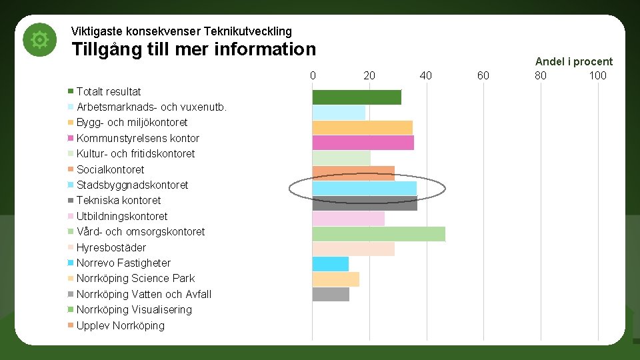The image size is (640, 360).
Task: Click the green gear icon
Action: (40, 40)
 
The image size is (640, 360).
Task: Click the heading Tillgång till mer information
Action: (193, 50)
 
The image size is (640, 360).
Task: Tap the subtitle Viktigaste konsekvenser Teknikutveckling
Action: (181, 31)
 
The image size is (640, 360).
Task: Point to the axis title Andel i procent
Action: (573, 61)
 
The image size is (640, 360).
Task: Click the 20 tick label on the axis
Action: (369, 75)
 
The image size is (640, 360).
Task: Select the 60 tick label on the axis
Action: (483, 75)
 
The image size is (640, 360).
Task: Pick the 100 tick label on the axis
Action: (597, 75)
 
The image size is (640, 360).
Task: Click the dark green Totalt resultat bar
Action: (357, 97)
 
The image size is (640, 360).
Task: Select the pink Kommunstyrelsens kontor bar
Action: (363, 143)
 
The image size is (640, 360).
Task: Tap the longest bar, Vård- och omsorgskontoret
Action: (378, 234)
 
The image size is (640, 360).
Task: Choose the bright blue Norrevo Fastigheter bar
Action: (331, 264)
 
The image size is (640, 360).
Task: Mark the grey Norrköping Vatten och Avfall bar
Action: (331, 294)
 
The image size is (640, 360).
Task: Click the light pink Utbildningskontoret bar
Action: (348, 219)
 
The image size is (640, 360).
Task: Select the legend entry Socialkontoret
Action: (110, 169)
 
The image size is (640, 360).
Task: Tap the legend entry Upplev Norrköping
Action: (120, 325)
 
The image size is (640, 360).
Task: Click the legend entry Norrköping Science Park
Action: (135, 278)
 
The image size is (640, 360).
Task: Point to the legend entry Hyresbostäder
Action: (111, 247)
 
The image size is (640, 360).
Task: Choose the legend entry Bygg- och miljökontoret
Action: (132, 122)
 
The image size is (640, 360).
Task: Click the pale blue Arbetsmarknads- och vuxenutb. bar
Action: (339, 113)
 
